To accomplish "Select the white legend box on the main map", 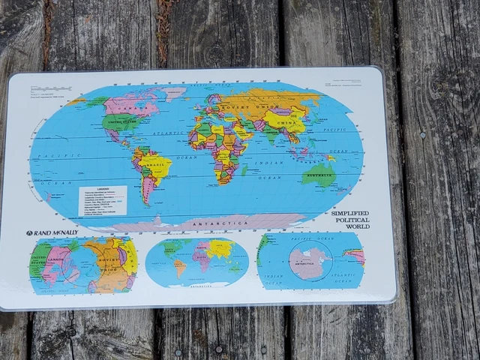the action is [103, 199].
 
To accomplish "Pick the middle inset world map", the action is [196, 262].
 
